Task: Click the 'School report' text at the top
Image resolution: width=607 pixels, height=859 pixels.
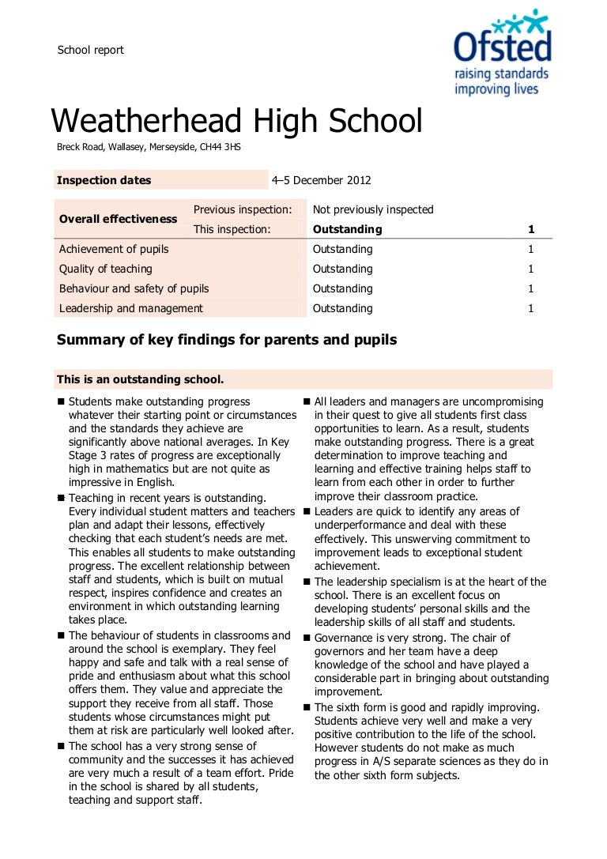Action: [x=90, y=50]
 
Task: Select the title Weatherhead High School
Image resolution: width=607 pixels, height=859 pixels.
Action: [x=236, y=121]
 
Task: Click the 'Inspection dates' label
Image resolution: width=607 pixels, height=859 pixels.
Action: [x=104, y=180]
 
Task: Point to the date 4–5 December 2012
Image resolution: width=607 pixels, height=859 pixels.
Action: [x=321, y=180]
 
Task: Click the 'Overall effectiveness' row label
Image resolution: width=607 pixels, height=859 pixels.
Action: [x=119, y=219]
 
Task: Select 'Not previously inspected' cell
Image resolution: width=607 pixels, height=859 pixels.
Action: [x=373, y=209]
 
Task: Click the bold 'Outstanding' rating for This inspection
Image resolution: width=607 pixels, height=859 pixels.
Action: [x=347, y=229]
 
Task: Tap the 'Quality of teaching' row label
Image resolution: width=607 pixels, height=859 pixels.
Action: [x=105, y=269]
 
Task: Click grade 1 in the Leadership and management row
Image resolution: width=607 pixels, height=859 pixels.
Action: [x=531, y=308]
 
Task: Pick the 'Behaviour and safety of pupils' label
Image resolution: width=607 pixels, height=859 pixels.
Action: [x=134, y=288]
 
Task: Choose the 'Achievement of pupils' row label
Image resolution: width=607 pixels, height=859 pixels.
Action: [x=114, y=249]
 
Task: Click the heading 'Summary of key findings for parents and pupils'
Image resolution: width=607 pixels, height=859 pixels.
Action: [x=227, y=340]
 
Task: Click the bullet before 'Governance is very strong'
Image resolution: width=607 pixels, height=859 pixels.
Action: [x=307, y=637]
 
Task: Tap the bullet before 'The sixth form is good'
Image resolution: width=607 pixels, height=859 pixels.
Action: [x=307, y=706]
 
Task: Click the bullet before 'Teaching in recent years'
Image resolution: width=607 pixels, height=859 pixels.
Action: [x=61, y=498]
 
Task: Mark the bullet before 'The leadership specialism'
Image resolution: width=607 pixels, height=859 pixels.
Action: [x=307, y=582]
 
